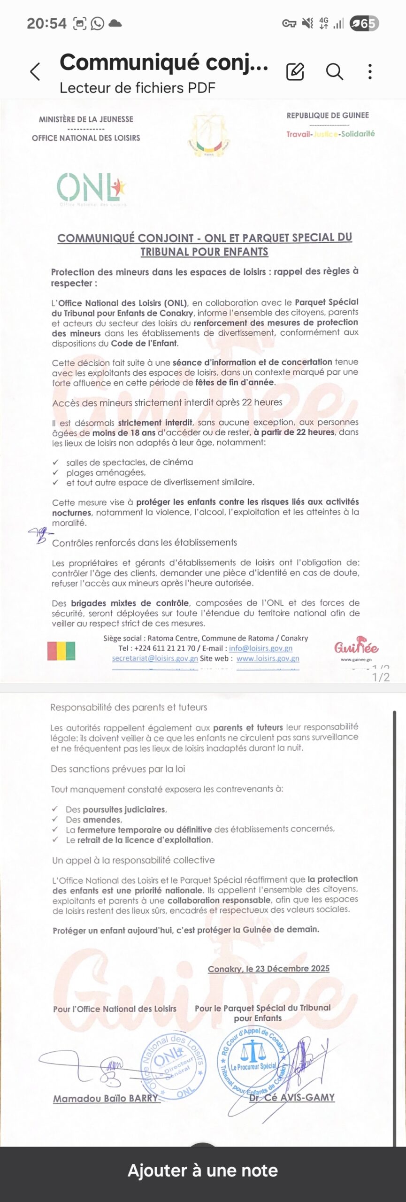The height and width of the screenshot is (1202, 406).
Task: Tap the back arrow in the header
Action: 35,72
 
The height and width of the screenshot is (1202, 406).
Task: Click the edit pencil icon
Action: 295,71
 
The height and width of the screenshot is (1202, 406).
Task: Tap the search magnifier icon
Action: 335,71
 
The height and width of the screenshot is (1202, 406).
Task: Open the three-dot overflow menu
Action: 370,71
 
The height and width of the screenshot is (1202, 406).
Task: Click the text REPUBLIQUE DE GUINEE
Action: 328,116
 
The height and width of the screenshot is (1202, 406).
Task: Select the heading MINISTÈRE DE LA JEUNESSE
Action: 86,119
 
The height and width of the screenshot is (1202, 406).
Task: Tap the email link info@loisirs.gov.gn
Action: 260,648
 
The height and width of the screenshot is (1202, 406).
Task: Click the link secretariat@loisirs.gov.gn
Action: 155,658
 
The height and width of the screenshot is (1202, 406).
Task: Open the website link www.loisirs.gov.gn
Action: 268,658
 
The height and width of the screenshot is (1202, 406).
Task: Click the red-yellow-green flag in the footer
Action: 61,651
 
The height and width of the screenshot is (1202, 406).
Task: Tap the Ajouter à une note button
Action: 203,1171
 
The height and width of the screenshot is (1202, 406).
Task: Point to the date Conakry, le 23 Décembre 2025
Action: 268,968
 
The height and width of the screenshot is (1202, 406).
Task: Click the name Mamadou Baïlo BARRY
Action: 106,1099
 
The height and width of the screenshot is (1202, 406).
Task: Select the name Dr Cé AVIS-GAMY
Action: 291,1097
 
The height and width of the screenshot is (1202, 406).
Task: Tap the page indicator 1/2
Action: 381,677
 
